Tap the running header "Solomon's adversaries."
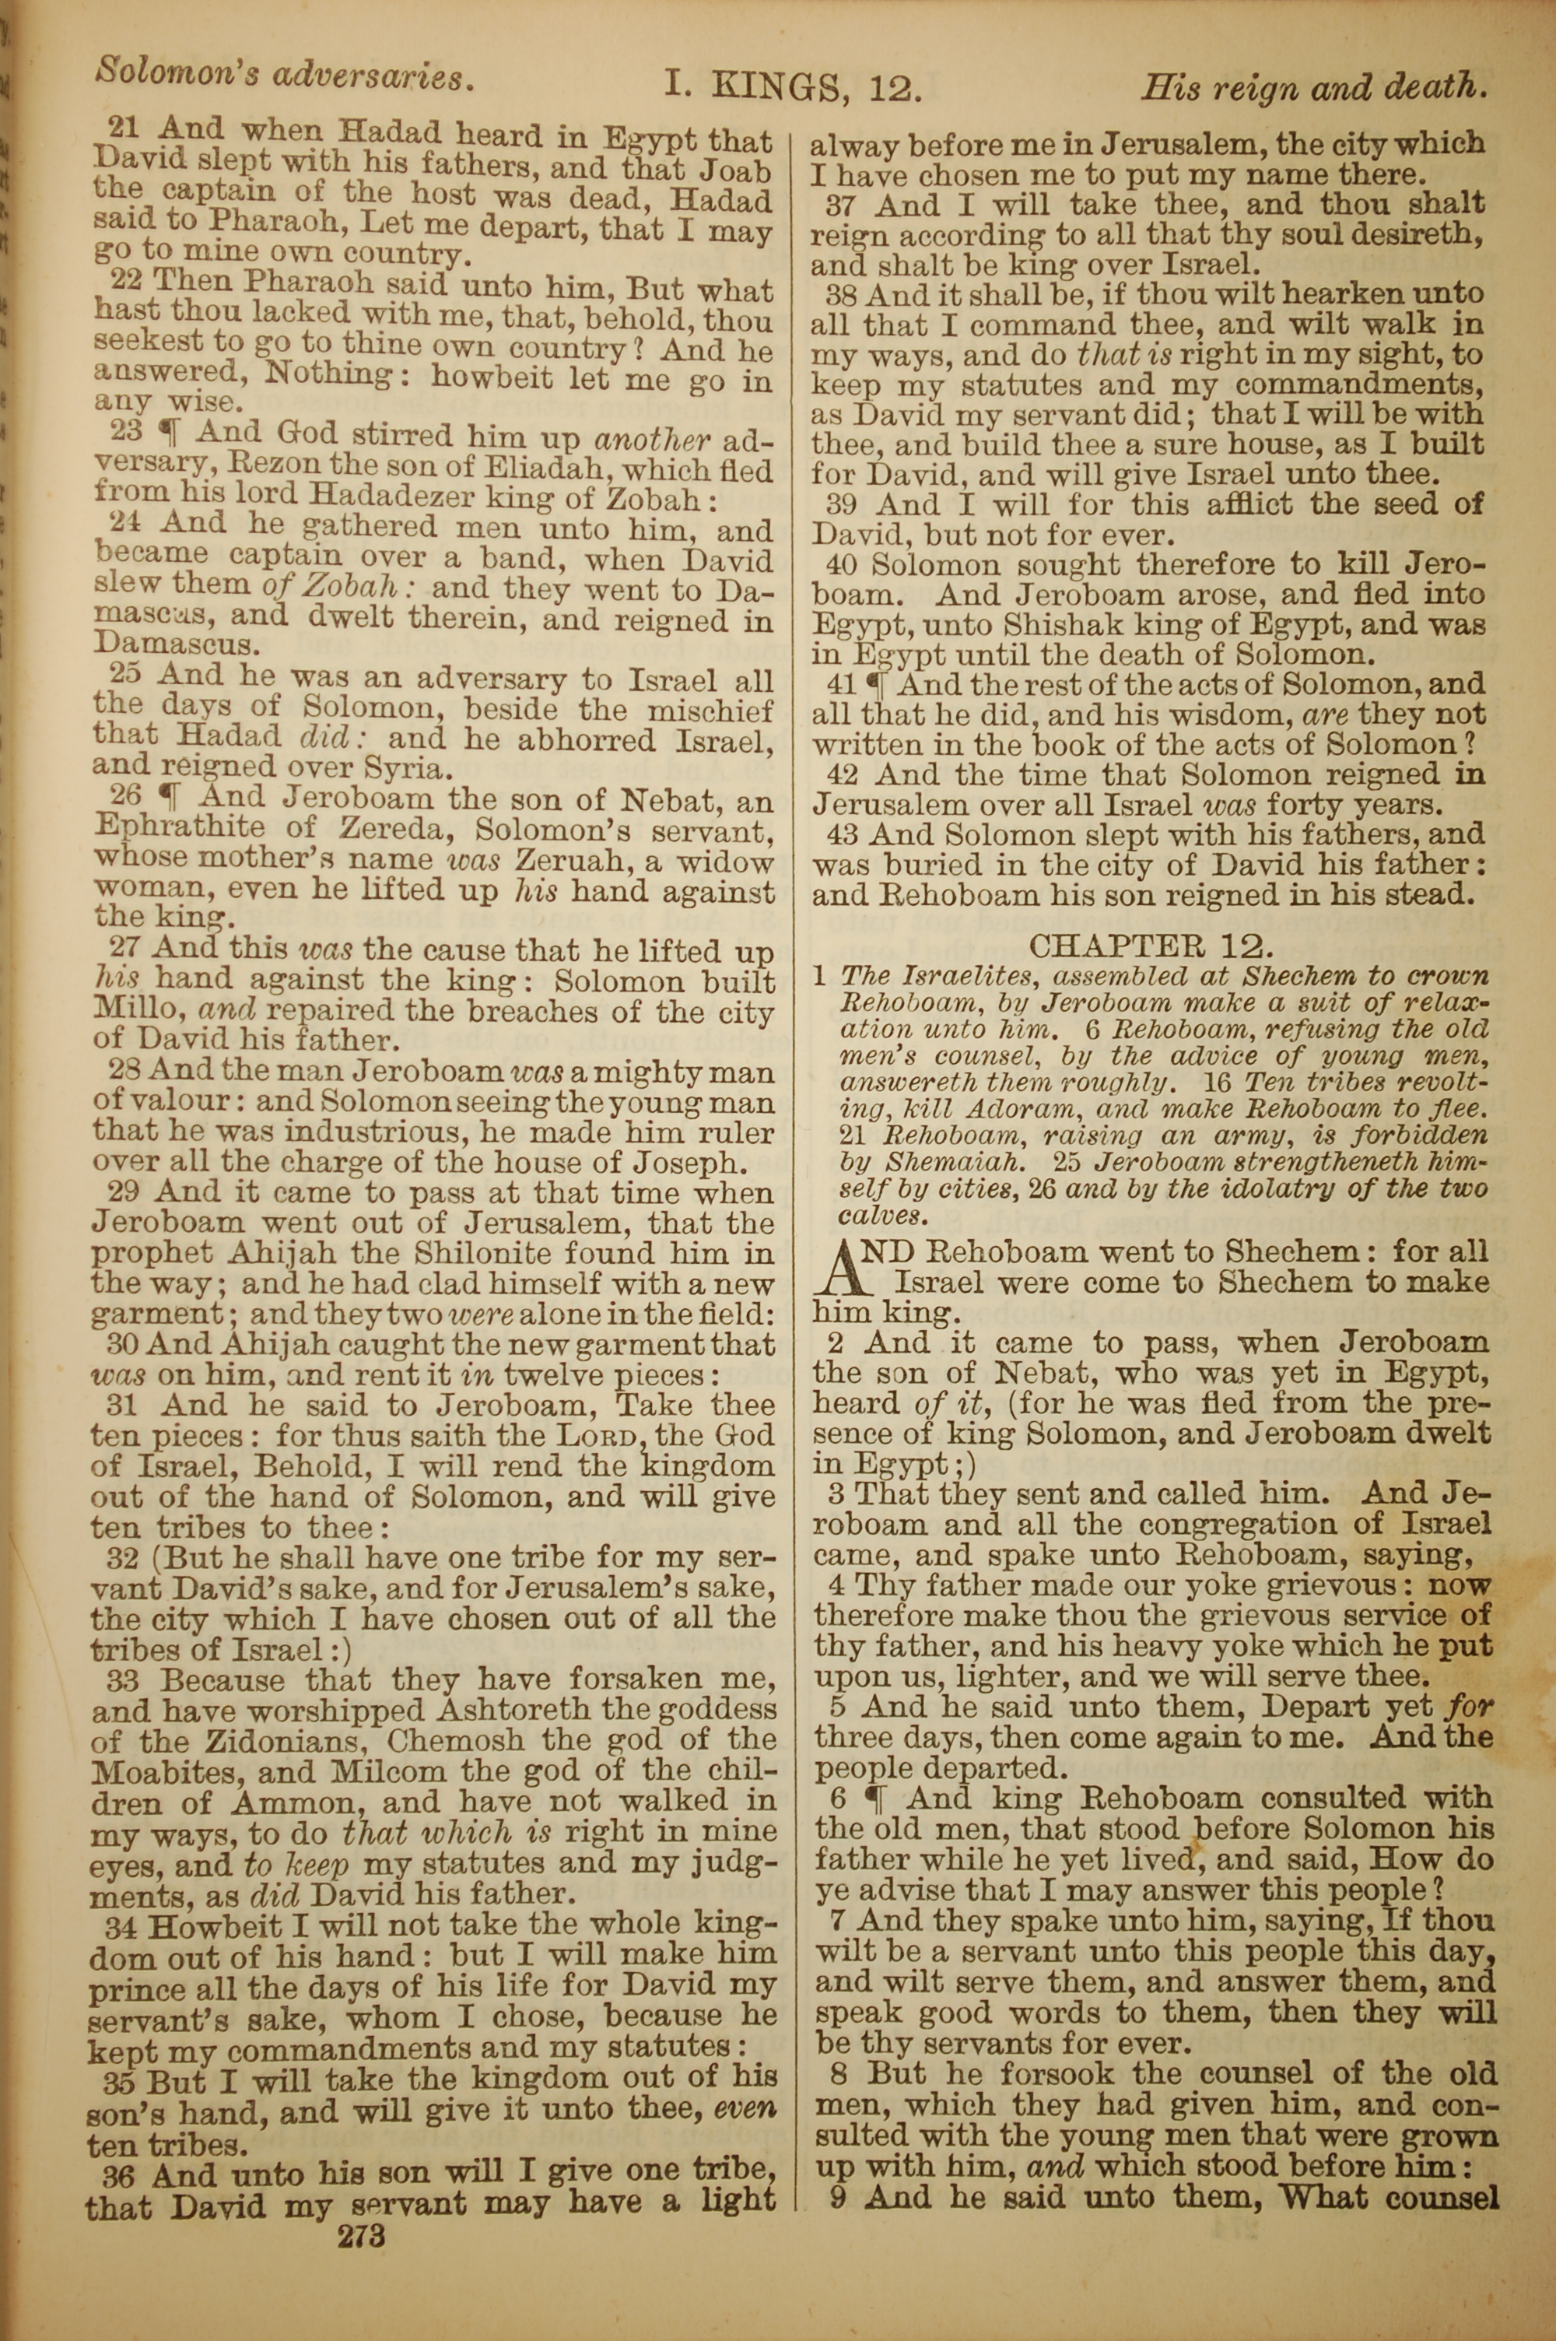click(283, 76)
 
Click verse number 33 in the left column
click(111, 1680)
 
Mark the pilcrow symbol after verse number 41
click(876, 685)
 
